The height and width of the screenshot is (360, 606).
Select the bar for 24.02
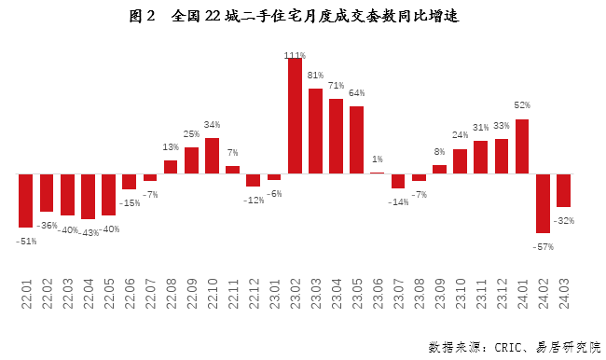(x=543, y=202)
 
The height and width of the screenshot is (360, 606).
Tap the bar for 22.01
(x=25, y=200)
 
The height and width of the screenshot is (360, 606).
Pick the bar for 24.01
(x=522, y=145)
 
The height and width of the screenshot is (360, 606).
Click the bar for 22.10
(x=212, y=156)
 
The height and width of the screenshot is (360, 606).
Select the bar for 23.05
(x=356, y=140)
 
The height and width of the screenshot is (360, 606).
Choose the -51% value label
(x=26, y=242)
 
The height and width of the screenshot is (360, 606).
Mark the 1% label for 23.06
(x=377, y=159)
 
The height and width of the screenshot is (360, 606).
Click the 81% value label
(x=315, y=76)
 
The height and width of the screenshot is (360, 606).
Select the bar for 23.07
(x=398, y=180)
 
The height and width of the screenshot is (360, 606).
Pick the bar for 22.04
(x=88, y=196)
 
